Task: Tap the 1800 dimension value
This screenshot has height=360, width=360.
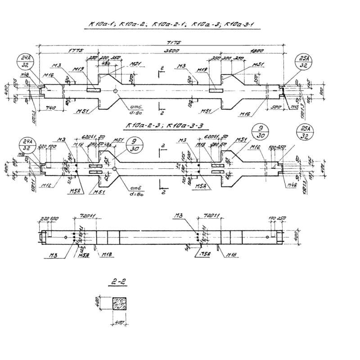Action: tap(257, 51)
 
